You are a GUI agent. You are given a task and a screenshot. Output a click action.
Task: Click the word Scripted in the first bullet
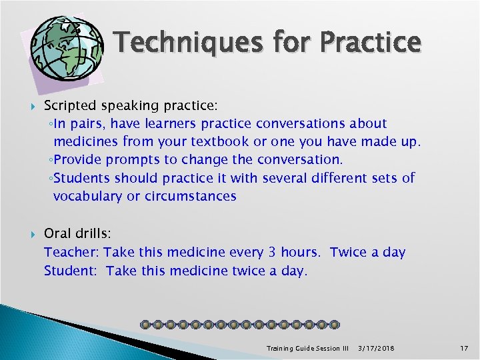click(x=69, y=105)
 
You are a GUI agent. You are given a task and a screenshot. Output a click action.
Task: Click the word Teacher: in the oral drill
click(x=71, y=252)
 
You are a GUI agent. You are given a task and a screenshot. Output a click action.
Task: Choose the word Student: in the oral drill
click(x=72, y=270)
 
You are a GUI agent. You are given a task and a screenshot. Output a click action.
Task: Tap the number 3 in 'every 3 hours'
click(x=271, y=252)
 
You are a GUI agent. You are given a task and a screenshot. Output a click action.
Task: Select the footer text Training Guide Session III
click(x=307, y=348)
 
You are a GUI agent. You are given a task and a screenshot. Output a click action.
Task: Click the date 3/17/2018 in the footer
click(x=377, y=348)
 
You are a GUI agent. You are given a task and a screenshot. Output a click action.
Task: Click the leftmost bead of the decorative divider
click(x=145, y=325)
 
